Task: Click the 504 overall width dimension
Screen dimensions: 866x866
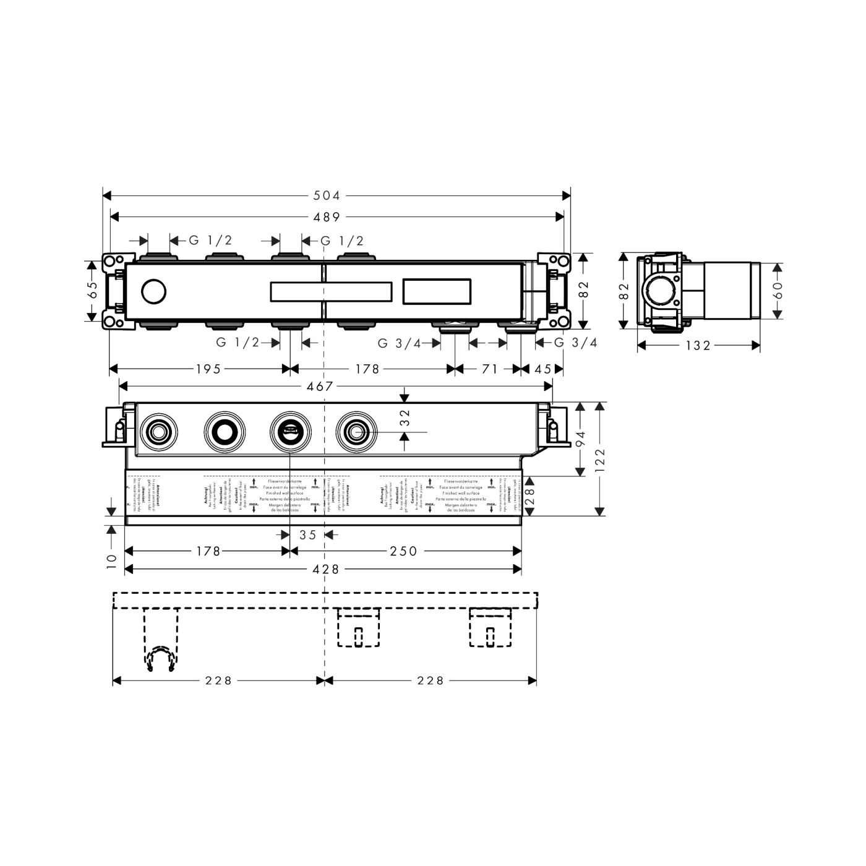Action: pyautogui.click(x=327, y=196)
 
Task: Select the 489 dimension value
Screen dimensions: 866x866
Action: pyautogui.click(x=327, y=217)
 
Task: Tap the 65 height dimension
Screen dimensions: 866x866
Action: pyautogui.click(x=93, y=290)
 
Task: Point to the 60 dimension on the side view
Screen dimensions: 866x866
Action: pyautogui.click(x=778, y=290)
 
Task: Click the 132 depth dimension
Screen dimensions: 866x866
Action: pyautogui.click(x=698, y=346)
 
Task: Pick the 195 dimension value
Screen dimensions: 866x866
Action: pyautogui.click(x=208, y=369)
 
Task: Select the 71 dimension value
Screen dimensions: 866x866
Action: pyautogui.click(x=489, y=369)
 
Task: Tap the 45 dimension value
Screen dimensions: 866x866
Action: pyautogui.click(x=542, y=369)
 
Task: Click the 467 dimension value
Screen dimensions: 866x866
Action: pyautogui.click(x=320, y=387)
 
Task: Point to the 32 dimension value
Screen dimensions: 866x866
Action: pyautogui.click(x=405, y=418)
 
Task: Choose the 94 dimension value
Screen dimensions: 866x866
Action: pyautogui.click(x=580, y=439)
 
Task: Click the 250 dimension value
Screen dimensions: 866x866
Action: pyautogui.click(x=404, y=551)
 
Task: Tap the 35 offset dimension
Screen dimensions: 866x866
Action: pyautogui.click(x=307, y=535)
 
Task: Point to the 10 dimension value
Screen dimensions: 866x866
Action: pyautogui.click(x=111, y=560)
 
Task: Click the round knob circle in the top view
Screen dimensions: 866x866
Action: pyautogui.click(x=154, y=291)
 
